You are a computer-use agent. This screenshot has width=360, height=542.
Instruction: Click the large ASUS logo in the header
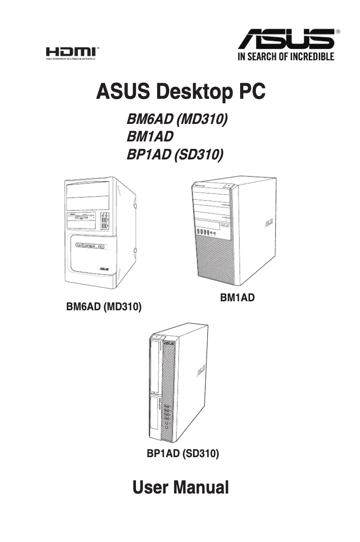point(286,39)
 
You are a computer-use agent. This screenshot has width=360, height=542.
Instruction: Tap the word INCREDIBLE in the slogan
point(311,57)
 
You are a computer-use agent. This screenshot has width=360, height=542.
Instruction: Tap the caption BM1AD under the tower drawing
point(237,297)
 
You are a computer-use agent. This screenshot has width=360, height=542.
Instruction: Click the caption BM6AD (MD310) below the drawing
point(104,308)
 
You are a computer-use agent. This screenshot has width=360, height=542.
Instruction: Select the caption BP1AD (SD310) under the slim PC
point(183,454)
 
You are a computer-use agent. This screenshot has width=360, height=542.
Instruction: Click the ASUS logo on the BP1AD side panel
point(200,371)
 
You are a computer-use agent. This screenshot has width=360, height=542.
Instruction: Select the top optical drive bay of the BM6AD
point(88,188)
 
